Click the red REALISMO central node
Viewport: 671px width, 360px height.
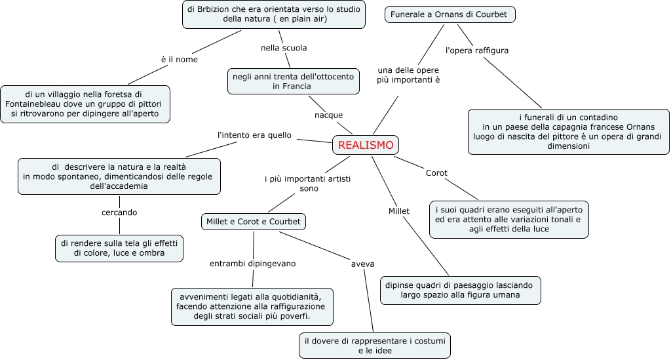366,145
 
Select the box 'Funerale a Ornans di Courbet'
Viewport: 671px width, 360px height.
449,14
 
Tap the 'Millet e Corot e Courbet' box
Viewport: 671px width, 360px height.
253,222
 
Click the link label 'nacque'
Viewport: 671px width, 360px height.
328,115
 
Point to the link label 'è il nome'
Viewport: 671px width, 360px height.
179,59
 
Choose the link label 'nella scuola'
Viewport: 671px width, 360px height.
284,48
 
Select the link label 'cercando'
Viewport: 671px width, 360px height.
119,212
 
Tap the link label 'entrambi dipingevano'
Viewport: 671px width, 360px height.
252,264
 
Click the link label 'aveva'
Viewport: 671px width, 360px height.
362,264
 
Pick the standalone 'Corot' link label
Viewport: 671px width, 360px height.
436,173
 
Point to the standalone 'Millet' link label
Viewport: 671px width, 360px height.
398,211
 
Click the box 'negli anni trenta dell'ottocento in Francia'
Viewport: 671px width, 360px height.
294,81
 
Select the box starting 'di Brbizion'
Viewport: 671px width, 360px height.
275,14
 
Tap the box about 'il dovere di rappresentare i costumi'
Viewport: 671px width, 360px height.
375,346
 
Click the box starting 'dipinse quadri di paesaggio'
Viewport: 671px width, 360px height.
461,290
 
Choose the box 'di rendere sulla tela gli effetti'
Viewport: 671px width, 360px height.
119,248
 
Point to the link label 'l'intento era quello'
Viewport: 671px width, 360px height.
254,135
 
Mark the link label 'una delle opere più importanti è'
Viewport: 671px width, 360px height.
408,75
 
